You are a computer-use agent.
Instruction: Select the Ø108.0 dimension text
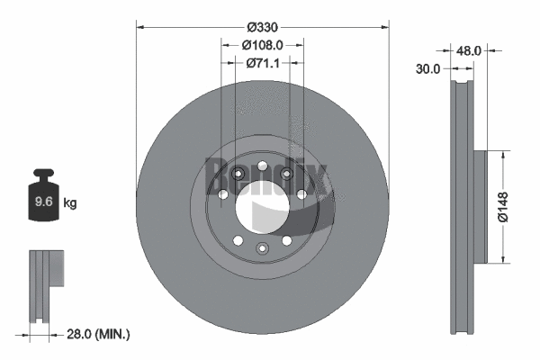263,44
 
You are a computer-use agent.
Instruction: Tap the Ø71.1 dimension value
262,63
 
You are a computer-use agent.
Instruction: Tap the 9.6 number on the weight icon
42,202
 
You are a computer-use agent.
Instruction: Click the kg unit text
70,203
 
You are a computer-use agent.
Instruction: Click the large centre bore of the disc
262,208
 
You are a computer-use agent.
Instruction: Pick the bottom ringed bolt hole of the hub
262,247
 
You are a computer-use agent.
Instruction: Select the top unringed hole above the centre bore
262,166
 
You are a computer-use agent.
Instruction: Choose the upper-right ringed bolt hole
286,175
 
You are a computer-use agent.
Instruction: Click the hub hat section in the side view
476,207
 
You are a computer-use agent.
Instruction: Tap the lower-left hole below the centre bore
238,240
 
